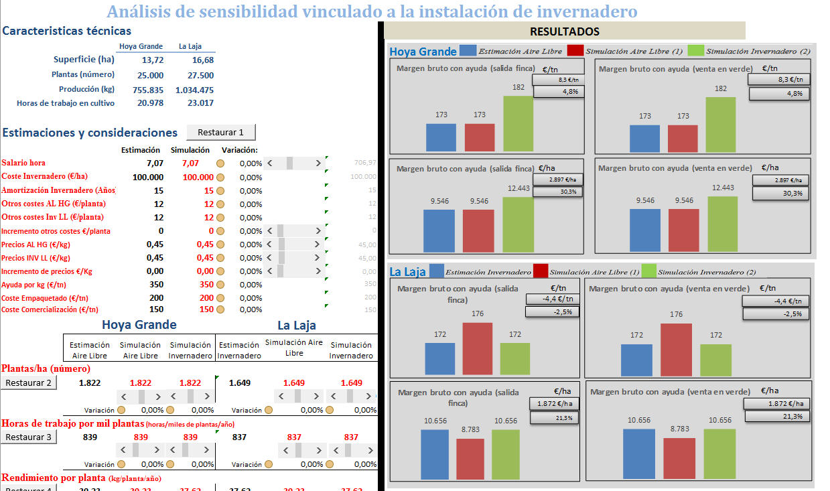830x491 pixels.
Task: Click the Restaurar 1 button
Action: pyautogui.click(x=221, y=133)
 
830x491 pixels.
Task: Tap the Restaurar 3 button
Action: pyautogui.click(x=28, y=437)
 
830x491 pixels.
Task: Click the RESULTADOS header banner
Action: pyautogui.click(x=564, y=31)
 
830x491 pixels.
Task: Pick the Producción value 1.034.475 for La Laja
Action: pyautogui.click(x=194, y=90)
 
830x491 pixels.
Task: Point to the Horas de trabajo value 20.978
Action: pyautogui.click(x=150, y=103)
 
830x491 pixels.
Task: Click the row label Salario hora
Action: pyautogui.click(x=23, y=163)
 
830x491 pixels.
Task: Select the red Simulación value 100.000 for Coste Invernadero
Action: pyautogui.click(x=198, y=178)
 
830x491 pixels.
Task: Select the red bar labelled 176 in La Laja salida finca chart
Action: pyautogui.click(x=477, y=348)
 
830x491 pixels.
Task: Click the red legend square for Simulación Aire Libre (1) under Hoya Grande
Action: pyautogui.click(x=575, y=51)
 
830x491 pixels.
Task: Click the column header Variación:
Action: pyautogui.click(x=240, y=150)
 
